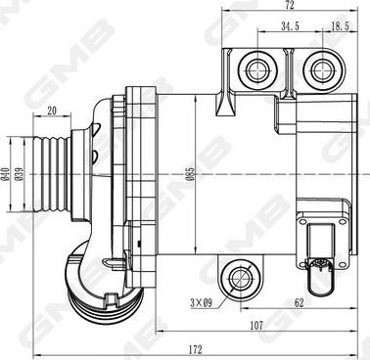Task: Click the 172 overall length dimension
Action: (x=196, y=350)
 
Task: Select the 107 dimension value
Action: (x=256, y=325)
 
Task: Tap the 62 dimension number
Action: (x=299, y=303)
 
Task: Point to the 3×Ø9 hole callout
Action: (x=202, y=303)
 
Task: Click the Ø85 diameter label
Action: (x=191, y=174)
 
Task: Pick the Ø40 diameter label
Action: (x=5, y=174)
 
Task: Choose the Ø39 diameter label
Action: (x=19, y=174)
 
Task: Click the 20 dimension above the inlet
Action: (x=52, y=111)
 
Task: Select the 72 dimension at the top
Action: (x=290, y=5)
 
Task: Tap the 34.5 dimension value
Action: (x=290, y=26)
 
